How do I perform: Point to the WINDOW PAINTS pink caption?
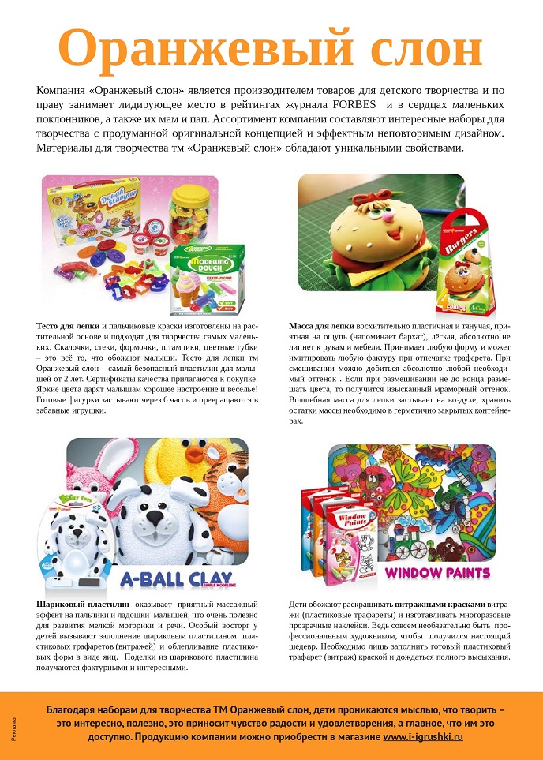(438, 572)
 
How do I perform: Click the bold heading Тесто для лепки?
(68, 326)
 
